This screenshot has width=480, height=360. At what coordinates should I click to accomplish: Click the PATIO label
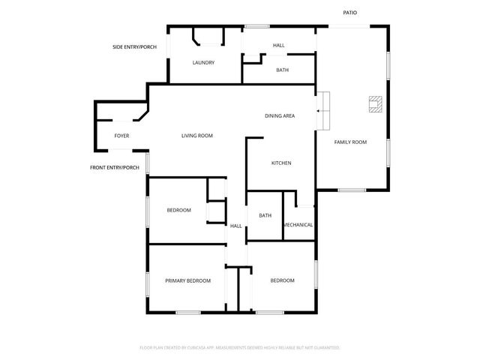pos(350,13)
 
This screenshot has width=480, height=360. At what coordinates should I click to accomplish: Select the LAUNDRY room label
pos(203,62)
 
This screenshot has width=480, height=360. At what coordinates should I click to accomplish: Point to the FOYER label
pos(121,136)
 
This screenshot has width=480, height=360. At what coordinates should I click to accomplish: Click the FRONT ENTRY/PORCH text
pos(115,167)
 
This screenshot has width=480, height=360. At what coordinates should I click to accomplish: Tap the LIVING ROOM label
pos(197,136)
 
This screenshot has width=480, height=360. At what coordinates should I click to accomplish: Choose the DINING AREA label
pos(279,115)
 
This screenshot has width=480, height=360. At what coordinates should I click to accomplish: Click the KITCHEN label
pos(280,163)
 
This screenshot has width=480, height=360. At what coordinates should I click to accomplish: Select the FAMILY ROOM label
pos(350,142)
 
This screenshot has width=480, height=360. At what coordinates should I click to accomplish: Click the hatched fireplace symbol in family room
pos(374,104)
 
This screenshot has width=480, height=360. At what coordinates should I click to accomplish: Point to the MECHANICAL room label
pos(298,225)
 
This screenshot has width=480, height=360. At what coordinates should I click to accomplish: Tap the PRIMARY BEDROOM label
pos(187,280)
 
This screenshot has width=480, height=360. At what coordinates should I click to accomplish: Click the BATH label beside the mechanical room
pos(265,215)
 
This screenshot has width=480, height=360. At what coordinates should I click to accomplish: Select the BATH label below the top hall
pos(282,70)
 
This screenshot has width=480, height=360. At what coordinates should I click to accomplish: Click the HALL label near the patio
pos(278,46)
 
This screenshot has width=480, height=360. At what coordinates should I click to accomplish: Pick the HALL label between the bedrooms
pos(235,226)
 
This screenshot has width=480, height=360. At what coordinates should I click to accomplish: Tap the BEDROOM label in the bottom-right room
pos(282,280)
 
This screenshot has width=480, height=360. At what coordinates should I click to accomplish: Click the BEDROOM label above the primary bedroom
pos(178,210)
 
